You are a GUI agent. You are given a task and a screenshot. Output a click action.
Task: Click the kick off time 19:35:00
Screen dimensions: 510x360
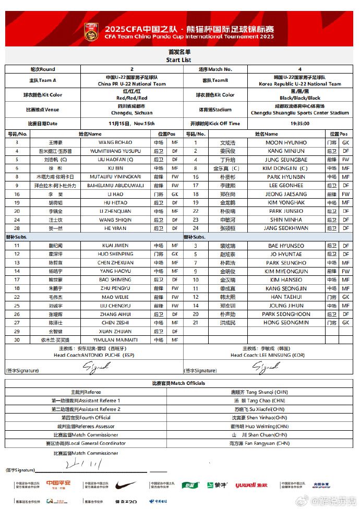pyautogui.click(x=300, y=124)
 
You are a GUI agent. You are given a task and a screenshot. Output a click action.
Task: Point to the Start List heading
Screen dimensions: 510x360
pyautogui.click(x=179, y=60)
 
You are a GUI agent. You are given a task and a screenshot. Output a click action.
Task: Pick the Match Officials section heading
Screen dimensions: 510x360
pyautogui.click(x=179, y=383)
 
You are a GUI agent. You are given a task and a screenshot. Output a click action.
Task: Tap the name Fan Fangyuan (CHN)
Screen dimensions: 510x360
pyautogui.click(x=259, y=443)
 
